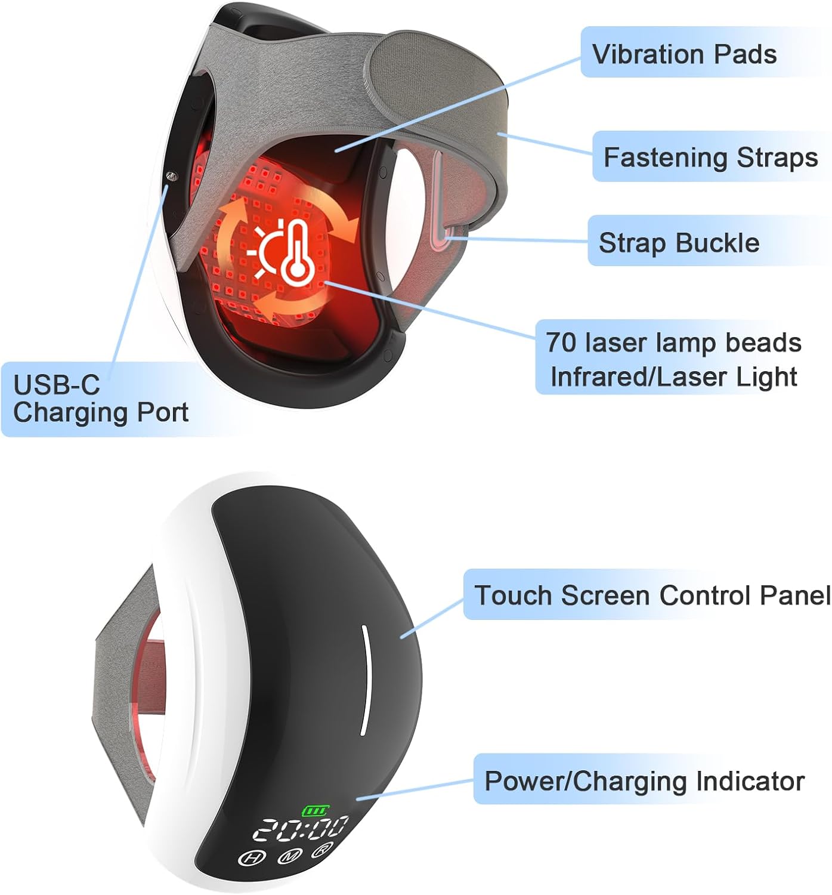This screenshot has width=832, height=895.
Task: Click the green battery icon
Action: coord(314,810)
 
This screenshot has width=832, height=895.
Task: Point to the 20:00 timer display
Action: coord(301,828)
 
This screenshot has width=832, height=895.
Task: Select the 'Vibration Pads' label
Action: coord(684,54)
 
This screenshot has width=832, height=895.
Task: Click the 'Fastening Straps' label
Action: coord(710,158)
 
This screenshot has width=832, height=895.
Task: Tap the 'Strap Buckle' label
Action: coord(679,243)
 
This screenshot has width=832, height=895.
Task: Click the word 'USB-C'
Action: coord(56,385)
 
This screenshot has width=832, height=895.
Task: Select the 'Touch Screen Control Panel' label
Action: coord(652,595)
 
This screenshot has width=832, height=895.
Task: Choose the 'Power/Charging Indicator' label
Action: coord(644,781)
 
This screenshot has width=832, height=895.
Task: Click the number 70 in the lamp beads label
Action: coord(561,342)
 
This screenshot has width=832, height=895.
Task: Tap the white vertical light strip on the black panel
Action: coord(363,680)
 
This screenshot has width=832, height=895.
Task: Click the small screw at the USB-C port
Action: coord(172,176)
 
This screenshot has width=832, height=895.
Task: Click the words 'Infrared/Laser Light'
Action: coord(673,377)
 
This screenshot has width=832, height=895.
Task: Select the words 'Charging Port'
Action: coord(100,412)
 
